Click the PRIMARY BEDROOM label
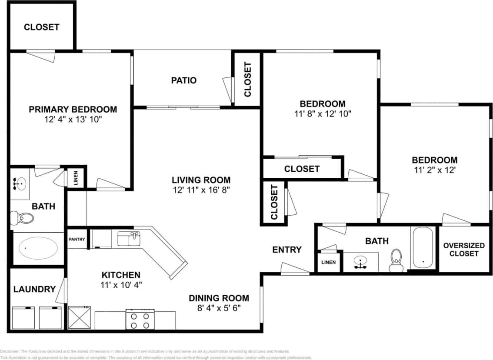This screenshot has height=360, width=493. pyautogui.click(x=73, y=109)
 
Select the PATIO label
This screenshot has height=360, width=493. pyautogui.click(x=183, y=80)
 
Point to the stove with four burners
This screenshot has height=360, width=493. pyautogui.click(x=140, y=320)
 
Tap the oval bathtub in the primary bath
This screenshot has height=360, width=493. pyautogui.click(x=38, y=248)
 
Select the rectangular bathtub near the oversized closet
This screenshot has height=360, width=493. pyautogui.click(x=422, y=248)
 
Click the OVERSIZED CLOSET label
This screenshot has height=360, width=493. pyautogui.click(x=463, y=249)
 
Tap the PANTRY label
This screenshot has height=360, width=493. pyautogui.click(x=77, y=239)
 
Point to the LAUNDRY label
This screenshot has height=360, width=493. pyautogui.click(x=34, y=289)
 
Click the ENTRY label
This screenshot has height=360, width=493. pyautogui.click(x=286, y=250)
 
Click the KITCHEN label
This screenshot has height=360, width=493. pyautogui.click(x=121, y=275)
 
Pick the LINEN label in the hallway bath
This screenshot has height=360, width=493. pyautogui.click(x=328, y=263)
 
